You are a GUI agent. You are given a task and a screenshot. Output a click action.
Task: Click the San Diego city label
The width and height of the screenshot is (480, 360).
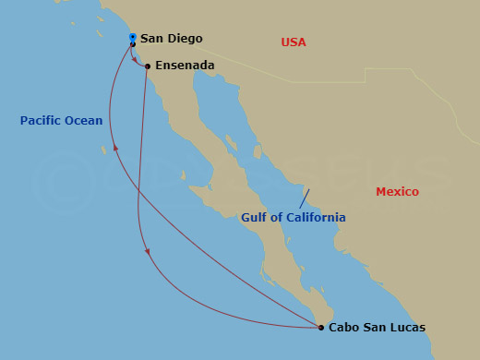coord(171,40)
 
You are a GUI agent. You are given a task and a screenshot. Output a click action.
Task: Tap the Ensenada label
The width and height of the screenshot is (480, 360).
coord(185,66)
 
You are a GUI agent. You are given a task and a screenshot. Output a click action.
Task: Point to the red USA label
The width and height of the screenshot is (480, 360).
coord(294,42)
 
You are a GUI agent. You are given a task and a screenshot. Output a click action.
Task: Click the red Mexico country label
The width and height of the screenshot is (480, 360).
coord(397,192)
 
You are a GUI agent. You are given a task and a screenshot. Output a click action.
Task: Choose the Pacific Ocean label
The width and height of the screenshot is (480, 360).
coord(61,121)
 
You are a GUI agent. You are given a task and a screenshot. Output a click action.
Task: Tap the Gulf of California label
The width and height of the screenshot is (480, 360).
coord(294,218)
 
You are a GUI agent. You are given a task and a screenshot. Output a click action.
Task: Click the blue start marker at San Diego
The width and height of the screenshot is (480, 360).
coord(133,37)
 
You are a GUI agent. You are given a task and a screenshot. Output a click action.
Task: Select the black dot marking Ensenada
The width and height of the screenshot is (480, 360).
coord(148,66)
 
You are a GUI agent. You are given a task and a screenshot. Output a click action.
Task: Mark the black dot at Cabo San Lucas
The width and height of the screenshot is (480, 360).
coord(320,328)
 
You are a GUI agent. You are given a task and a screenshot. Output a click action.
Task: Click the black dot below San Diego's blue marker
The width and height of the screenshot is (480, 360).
coord(133,44)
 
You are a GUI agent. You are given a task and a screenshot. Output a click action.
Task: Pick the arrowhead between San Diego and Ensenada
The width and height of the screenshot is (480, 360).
coord(136,62)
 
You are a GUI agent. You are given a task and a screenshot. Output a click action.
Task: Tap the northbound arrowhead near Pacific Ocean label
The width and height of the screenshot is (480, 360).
coord(115,147)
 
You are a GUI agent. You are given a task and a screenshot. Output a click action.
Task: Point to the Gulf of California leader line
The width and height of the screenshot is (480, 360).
coord(304,198)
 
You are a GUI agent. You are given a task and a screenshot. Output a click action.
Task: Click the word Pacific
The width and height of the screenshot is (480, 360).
coord(42,121)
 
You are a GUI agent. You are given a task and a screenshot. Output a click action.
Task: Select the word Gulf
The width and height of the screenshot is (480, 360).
coord(255,218)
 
